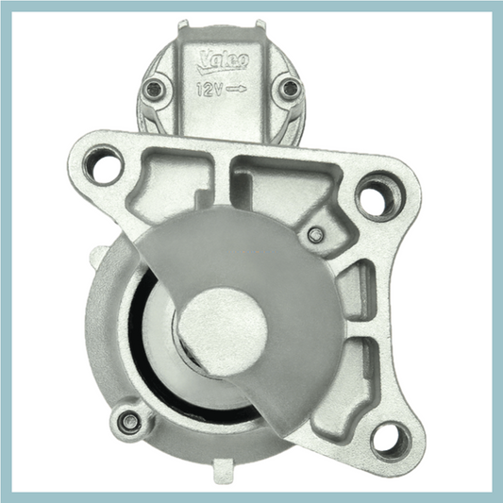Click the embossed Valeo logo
click(x=223, y=63)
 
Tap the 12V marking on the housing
click(x=209, y=91)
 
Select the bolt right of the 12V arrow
click(x=290, y=90)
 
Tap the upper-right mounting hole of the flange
click(x=378, y=197)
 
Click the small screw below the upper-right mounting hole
click(x=315, y=234)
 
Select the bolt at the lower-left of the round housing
click(x=129, y=420)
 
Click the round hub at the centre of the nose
click(x=218, y=326)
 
